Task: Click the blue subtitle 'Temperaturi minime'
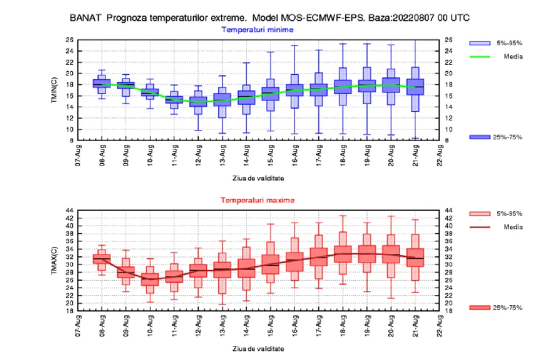(x=258, y=30)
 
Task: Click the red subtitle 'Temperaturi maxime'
(x=258, y=200)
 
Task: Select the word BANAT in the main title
(x=85, y=18)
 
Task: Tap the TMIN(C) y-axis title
(x=54, y=90)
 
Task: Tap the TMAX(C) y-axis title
(x=54, y=261)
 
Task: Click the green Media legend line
(x=480, y=56)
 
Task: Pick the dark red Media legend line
(x=480, y=228)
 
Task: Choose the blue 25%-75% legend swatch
(x=480, y=137)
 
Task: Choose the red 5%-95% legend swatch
(x=480, y=213)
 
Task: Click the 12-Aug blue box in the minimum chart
(x=198, y=102)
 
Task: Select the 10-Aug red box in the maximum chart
(x=150, y=280)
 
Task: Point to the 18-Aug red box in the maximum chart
(x=343, y=254)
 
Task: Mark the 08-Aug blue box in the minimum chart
(x=102, y=83)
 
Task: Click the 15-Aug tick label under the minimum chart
(x=270, y=155)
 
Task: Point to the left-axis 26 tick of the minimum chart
(x=69, y=40)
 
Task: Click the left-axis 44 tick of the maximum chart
(x=69, y=210)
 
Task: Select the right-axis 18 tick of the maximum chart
(x=449, y=311)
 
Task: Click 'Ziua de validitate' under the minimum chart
(x=258, y=178)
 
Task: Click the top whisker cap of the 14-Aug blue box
(x=247, y=63)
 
